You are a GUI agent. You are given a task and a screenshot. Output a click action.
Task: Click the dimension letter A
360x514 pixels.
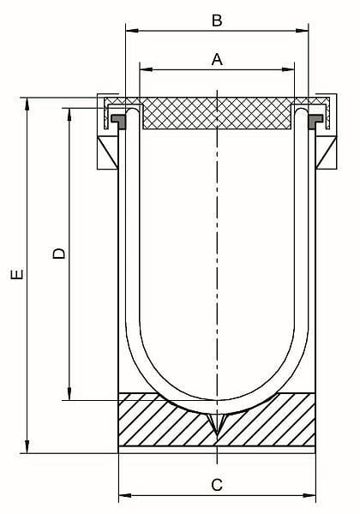coord(217,60)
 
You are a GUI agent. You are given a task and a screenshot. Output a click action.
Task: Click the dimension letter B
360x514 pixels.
coord(217,21)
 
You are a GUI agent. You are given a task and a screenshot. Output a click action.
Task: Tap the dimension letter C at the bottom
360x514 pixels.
coord(217,485)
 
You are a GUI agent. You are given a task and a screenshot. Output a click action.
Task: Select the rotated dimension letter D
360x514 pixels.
coord(59,253)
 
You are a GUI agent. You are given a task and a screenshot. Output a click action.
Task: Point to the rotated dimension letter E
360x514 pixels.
coord(17,274)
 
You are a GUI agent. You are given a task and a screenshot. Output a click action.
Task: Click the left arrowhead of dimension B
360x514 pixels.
coord(133,31)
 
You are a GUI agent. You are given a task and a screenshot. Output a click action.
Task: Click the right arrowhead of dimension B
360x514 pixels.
coord(302,31)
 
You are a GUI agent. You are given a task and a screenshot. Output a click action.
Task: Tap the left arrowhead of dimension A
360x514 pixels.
coord(147,69)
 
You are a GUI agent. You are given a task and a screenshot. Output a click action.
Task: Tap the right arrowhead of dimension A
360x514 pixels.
coord(288,69)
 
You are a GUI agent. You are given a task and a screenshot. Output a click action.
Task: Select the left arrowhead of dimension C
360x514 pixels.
coord(125,495)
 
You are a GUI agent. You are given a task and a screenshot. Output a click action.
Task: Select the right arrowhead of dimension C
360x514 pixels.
coord(309,495)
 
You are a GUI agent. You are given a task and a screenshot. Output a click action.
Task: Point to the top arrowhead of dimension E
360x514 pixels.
coord(27,105)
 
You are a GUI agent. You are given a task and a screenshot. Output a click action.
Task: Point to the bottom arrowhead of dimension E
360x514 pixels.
coord(27,447)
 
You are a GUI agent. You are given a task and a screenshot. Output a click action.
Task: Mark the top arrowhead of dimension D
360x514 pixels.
coord(69,115)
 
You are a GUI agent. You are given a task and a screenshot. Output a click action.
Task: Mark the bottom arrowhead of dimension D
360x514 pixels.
coord(69,393)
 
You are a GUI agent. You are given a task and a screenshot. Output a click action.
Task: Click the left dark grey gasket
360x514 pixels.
coord(119,121)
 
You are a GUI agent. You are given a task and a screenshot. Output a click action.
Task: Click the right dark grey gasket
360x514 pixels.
coord(315,121)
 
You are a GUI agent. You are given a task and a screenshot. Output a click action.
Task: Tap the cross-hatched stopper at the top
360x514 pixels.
coord(217,113)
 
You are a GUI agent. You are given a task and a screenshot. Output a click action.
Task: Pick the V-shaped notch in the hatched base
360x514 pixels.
coord(217,423)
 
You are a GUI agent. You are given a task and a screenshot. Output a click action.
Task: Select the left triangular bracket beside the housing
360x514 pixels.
coord(107,152)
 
